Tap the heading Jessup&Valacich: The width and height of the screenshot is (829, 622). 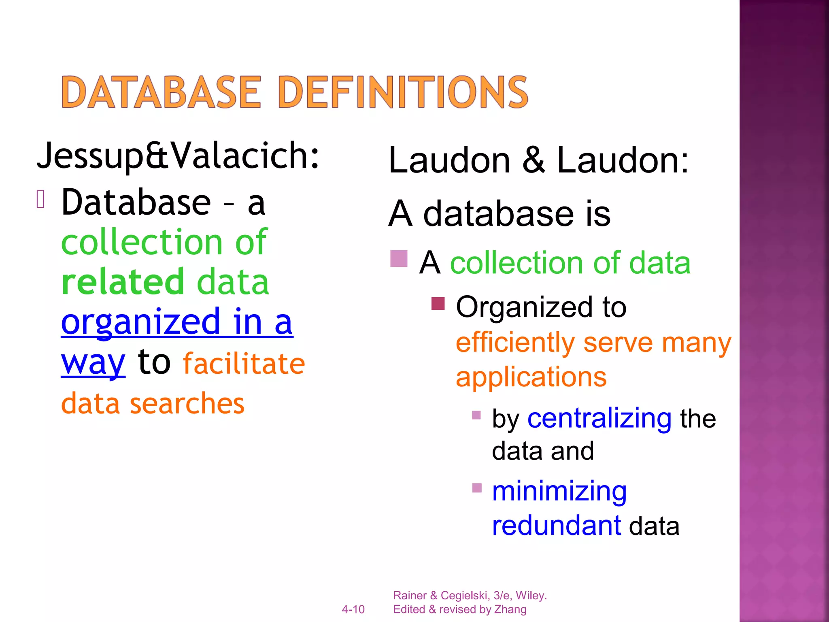click(178, 155)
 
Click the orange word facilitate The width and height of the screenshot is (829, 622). click(244, 363)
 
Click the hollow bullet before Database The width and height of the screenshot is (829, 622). click(40, 199)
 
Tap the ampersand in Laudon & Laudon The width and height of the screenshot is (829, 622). click(534, 160)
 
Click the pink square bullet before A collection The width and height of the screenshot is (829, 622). click(399, 259)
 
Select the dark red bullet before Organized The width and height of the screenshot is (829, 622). click(438, 303)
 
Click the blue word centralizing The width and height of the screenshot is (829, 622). click(599, 418)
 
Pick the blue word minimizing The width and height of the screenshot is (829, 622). click(559, 491)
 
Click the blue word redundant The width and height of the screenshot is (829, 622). click(556, 526)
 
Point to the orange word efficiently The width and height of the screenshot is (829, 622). click(515, 343)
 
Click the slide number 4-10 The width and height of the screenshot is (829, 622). click(353, 609)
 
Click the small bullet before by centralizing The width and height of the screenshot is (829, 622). click(476, 415)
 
